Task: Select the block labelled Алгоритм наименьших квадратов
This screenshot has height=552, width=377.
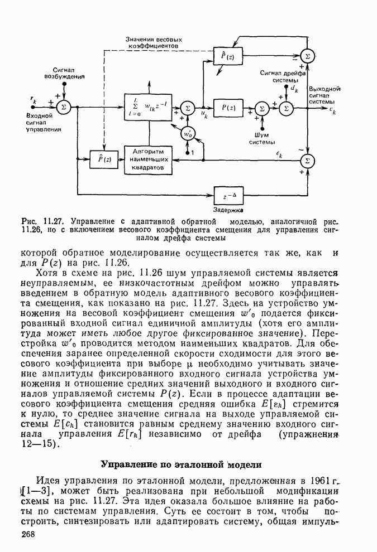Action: point(147,159)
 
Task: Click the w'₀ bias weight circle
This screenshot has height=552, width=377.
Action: point(188,134)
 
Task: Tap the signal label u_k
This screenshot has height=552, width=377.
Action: point(204,115)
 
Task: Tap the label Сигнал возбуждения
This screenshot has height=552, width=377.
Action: point(65,73)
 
